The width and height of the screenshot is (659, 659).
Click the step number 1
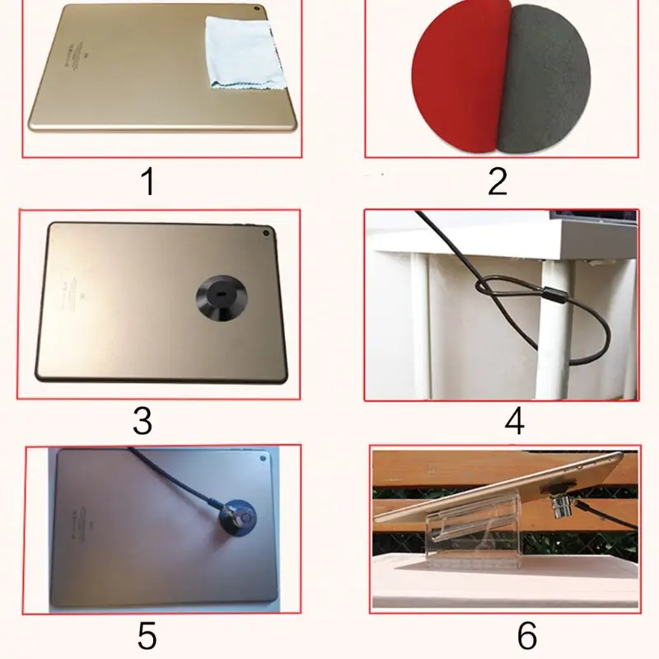(x=147, y=181)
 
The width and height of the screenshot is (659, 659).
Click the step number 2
(x=497, y=181)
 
